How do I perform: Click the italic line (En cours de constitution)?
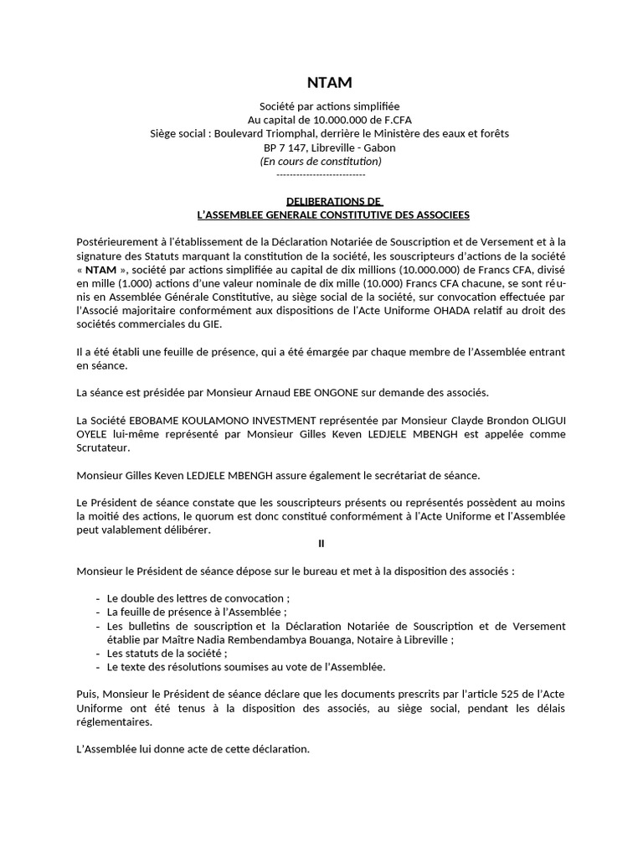pos(321,160)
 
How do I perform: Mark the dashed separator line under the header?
pos(321,173)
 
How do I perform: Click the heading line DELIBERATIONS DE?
pos(334,201)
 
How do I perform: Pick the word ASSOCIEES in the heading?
pos(439,214)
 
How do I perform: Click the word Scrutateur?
pos(102,447)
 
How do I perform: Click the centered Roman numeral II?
pos(321,543)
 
